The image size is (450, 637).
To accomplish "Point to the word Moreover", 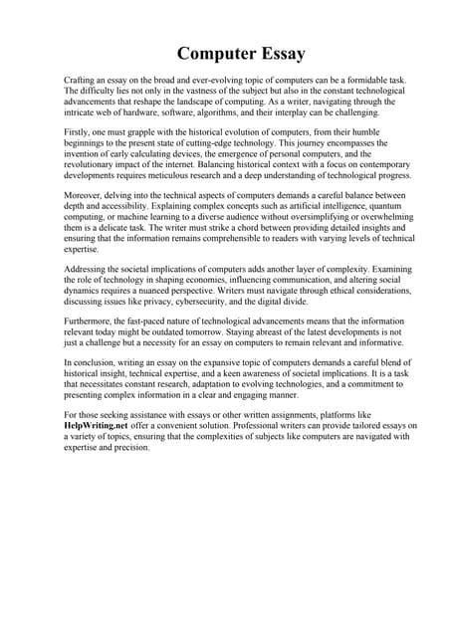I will [85, 196].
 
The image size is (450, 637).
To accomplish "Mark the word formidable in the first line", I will [353, 79].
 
